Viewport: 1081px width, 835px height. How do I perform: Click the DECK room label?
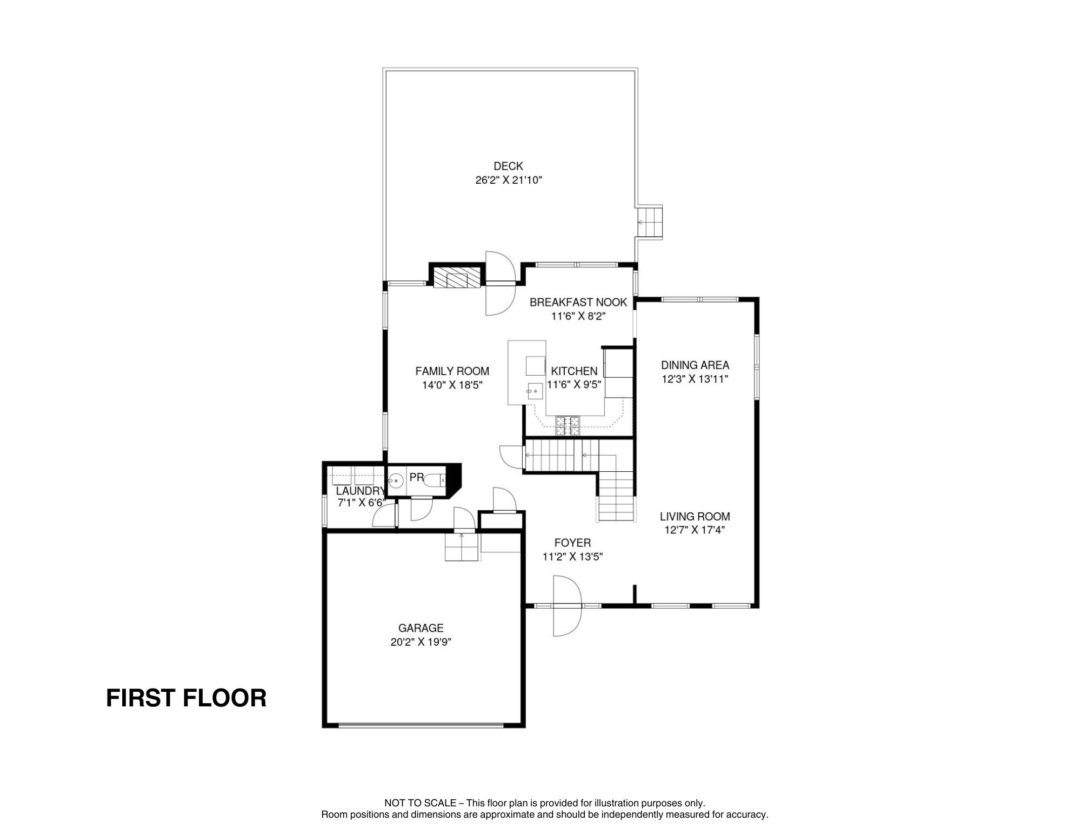pos(508,166)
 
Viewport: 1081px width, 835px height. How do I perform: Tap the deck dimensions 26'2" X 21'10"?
pos(509,181)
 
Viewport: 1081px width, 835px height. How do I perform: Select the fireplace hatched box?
pos(457,277)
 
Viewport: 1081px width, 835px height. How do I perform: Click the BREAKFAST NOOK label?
pos(578,302)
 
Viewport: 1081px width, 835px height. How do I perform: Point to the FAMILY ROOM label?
pos(452,371)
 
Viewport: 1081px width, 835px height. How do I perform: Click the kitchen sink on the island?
pos(535,390)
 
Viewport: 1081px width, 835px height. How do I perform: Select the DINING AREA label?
pos(695,365)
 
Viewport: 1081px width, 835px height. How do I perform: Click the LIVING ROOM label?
pos(695,517)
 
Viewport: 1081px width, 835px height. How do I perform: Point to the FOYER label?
pos(572,543)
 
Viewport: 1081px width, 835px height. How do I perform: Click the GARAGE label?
pos(421,628)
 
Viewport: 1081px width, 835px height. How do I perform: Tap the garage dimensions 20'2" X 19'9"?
pos(421,642)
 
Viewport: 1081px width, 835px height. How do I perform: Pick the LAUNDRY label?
pos(360,491)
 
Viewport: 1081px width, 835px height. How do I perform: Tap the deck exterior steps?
pos(650,222)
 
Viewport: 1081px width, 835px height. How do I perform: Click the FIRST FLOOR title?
pos(186,698)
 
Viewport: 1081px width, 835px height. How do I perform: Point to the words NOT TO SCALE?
pos(420,803)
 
